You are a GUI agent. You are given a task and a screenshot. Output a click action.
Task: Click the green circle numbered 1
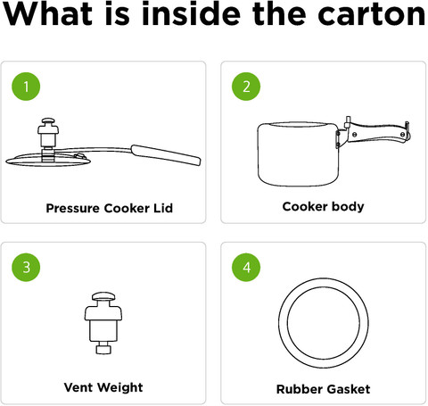[26, 87]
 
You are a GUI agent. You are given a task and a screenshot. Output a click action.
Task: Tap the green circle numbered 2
[246, 87]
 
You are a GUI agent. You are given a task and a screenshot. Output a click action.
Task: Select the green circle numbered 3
[26, 267]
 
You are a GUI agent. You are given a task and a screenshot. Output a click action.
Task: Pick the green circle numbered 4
[246, 267]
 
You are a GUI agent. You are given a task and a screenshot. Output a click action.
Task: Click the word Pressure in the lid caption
[73, 208]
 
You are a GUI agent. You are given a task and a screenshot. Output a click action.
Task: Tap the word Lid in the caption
[163, 208]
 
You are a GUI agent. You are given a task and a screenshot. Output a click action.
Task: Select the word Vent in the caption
[78, 387]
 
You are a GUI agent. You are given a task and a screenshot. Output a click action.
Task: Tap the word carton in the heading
[371, 14]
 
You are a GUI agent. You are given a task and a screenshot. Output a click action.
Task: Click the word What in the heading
[47, 13]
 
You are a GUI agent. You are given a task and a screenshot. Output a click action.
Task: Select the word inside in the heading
[191, 13]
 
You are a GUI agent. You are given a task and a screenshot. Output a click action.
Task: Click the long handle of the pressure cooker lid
[166, 154]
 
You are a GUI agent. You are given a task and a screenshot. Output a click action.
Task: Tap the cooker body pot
[298, 153]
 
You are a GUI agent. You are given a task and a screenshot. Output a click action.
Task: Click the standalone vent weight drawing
[103, 323]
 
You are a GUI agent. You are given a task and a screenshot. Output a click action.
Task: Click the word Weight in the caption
[120, 388]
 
